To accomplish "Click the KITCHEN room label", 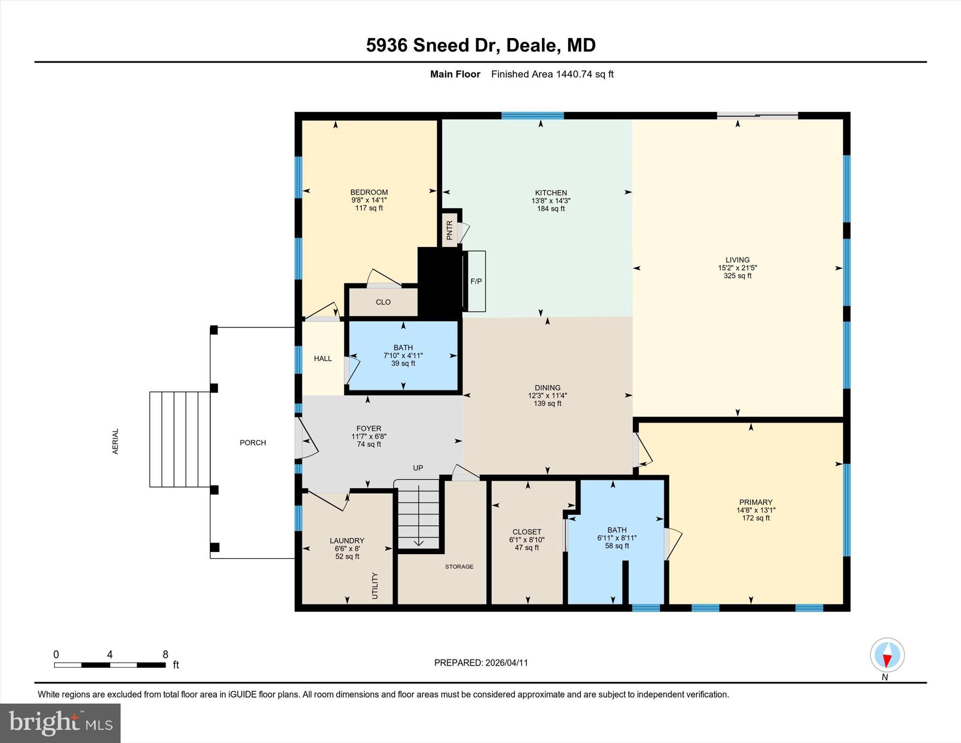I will coord(551,192).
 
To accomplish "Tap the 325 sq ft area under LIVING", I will coord(737,276).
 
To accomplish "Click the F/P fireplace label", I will coord(476,282).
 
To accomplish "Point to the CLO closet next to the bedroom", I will coord(383,302).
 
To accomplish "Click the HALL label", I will coord(323,359).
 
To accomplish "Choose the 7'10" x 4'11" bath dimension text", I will coord(403,356).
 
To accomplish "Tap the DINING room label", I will coord(547,388).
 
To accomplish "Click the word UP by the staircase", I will coord(418,468).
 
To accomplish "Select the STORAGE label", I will coord(459,567).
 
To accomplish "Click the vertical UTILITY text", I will coord(374,585).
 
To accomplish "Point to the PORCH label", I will coord(253,443).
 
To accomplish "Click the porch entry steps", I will coord(179,439).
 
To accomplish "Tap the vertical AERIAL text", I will coord(115,441).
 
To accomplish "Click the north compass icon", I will coord(887,655).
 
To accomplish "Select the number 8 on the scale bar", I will coord(165,654).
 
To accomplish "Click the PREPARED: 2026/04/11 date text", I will coord(481,663).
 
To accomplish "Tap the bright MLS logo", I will coord(61,723).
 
